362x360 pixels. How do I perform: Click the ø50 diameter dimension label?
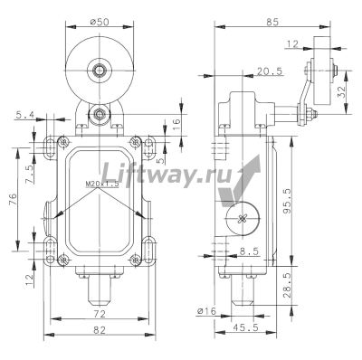(x=100, y=22)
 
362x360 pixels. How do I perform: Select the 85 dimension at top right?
(x=271, y=22)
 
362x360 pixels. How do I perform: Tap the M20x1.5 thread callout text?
(x=102, y=184)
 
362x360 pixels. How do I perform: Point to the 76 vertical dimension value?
(x=13, y=200)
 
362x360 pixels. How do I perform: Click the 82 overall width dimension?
(x=100, y=330)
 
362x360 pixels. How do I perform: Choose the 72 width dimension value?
(x=100, y=314)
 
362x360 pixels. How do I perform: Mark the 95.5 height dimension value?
(x=287, y=201)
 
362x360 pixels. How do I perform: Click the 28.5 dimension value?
(x=287, y=286)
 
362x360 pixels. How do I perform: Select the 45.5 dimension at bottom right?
(x=247, y=327)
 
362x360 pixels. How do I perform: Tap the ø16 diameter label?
(x=206, y=311)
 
